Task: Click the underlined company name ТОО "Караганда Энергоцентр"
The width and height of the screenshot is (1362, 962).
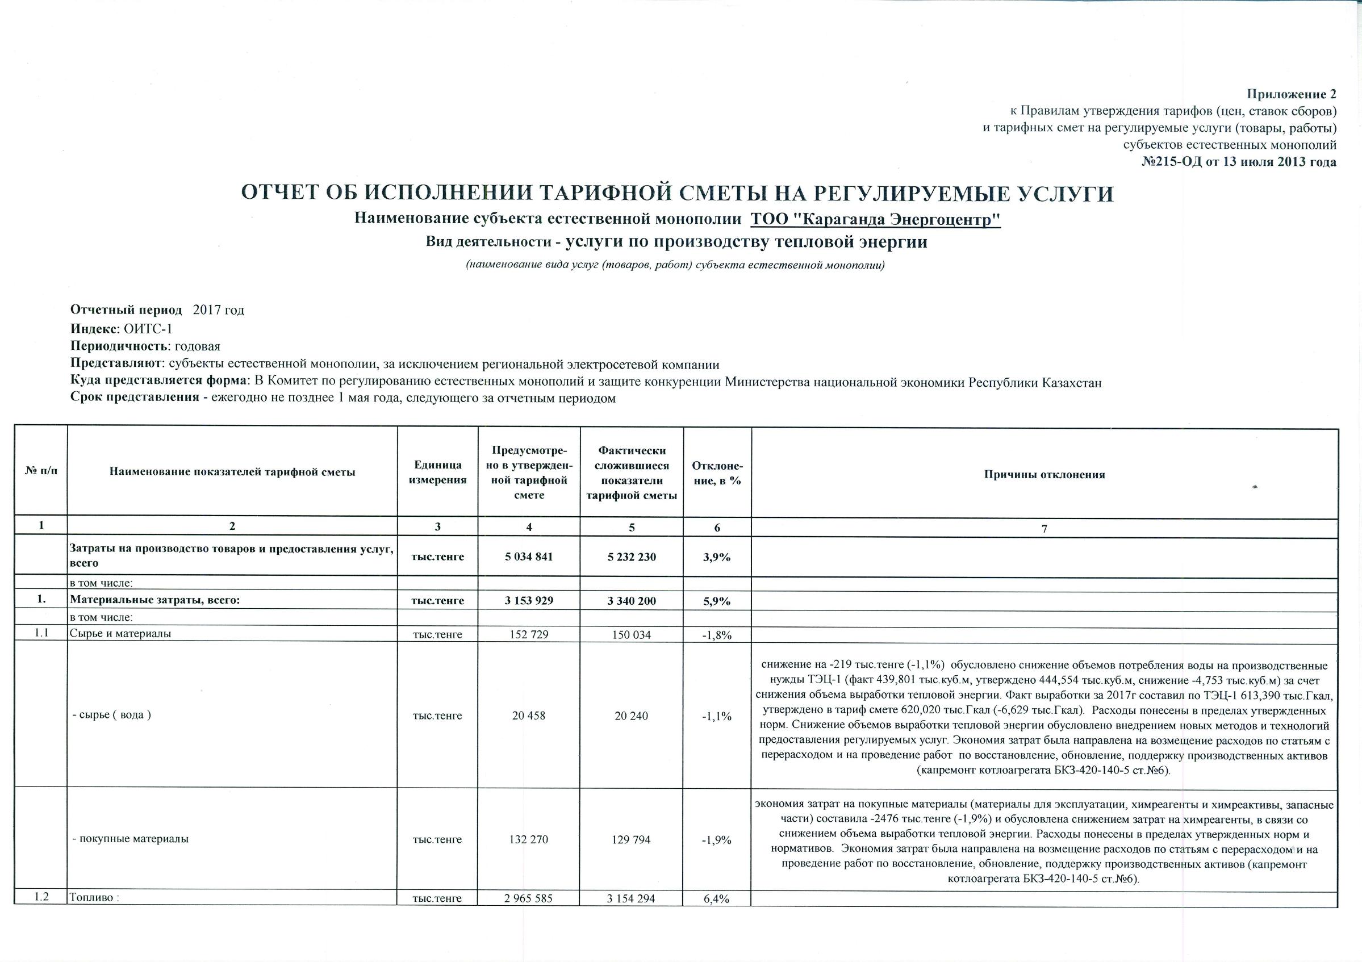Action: [x=876, y=219]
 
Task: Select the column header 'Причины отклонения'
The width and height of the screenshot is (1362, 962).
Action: [x=1045, y=475]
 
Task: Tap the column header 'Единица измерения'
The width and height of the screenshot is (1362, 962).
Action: [x=437, y=472]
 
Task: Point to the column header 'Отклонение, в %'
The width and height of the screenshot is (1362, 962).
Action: [x=717, y=472]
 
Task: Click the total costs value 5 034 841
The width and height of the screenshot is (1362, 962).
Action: [x=529, y=557]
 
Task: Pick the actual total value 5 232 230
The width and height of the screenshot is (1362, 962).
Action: [x=632, y=557]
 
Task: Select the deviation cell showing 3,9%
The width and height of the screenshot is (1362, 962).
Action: [x=717, y=558]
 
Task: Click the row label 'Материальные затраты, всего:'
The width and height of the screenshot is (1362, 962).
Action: [x=155, y=600]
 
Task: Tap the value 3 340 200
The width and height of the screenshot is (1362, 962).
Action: [x=632, y=601]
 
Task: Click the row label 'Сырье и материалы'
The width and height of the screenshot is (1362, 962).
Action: [x=121, y=633]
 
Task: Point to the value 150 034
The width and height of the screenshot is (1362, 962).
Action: [x=632, y=634]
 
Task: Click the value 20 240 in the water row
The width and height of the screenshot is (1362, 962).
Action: [x=632, y=716]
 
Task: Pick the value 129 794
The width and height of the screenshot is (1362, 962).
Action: [x=632, y=840]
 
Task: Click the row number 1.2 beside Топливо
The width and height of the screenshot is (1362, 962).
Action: [x=41, y=897]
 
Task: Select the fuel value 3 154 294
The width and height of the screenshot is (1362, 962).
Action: [x=631, y=898]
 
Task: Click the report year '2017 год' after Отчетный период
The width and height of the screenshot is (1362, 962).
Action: [x=219, y=310]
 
